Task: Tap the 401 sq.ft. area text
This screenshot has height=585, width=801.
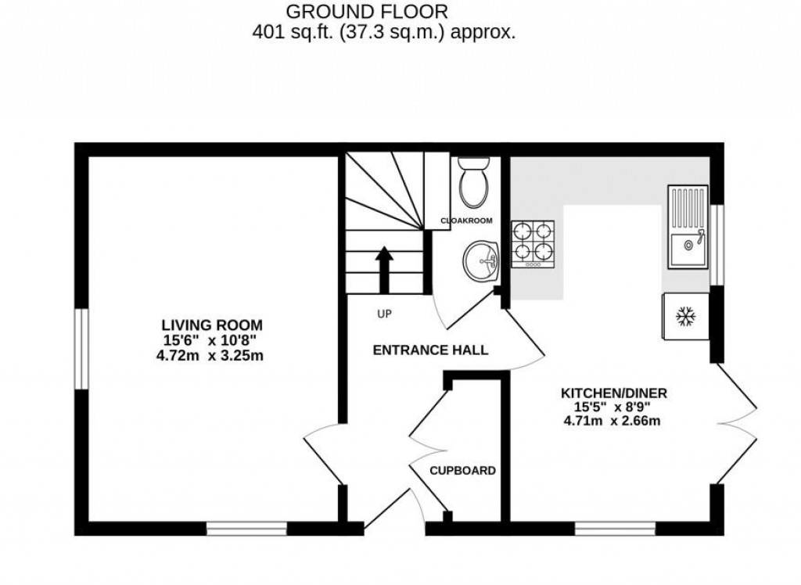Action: coord(383,32)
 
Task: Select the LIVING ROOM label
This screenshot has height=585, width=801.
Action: coord(211,325)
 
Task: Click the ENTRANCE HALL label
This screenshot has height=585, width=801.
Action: coord(430,350)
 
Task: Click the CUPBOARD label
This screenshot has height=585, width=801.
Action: coord(463,471)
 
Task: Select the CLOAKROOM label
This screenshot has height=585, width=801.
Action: coord(467,221)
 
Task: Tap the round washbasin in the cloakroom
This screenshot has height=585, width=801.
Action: coord(479,260)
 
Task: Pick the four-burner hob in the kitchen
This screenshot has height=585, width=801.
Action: coord(533,244)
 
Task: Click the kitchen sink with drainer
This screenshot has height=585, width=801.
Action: coord(687,226)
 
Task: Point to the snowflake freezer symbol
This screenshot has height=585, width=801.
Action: coord(686,317)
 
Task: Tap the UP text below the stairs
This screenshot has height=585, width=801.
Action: coord(384,314)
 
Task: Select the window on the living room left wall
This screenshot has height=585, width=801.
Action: coord(81,348)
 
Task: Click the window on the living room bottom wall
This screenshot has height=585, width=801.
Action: coord(246,529)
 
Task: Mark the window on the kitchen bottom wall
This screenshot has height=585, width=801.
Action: coord(615,529)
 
